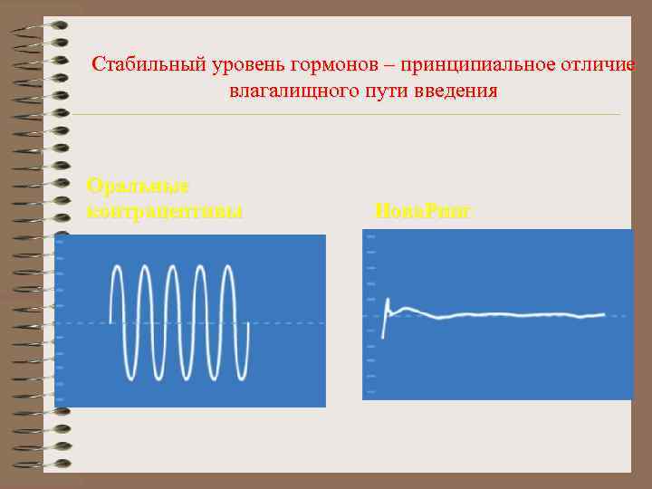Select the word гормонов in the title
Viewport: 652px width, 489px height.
(334, 65)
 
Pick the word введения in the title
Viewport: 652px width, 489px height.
(458, 91)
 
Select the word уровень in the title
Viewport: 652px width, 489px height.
(242, 65)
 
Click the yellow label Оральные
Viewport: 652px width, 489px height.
(138, 186)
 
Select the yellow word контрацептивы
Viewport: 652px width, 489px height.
(164, 212)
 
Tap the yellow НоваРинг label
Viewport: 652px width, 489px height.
(422, 212)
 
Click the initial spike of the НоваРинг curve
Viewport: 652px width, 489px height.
(388, 301)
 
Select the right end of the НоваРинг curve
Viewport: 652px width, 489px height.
(604, 314)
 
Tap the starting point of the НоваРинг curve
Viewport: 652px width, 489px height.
(382, 338)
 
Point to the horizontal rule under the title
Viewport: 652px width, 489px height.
(344, 114)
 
